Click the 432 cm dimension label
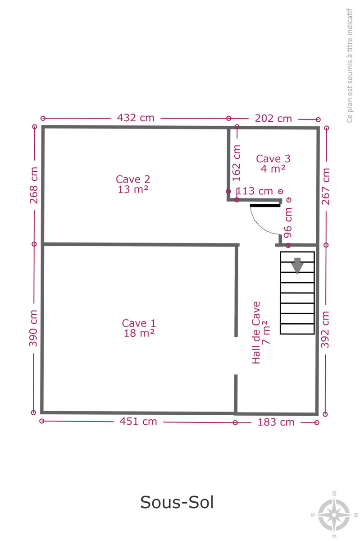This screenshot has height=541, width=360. [x=136, y=118]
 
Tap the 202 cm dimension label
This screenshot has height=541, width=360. [x=273, y=119]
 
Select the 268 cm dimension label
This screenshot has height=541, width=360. [x=34, y=185]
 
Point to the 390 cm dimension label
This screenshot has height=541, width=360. [x=33, y=328]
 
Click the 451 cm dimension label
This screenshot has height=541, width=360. [x=138, y=422]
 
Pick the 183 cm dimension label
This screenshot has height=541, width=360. [x=276, y=422]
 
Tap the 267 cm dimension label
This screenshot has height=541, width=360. [x=325, y=186]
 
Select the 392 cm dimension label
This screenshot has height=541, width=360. [x=325, y=330]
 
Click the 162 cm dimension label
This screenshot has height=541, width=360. [x=237, y=163]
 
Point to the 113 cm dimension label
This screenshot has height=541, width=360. [x=255, y=191]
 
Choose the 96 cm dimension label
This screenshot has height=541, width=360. [x=288, y=222]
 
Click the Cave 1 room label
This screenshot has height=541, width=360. [x=139, y=328]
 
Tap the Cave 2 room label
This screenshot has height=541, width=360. [x=133, y=184]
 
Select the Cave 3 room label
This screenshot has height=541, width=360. [x=273, y=164]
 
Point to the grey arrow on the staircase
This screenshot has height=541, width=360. [x=297, y=266]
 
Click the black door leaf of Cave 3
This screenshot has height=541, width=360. [x=265, y=206]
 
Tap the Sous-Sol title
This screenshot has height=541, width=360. [x=177, y=502]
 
